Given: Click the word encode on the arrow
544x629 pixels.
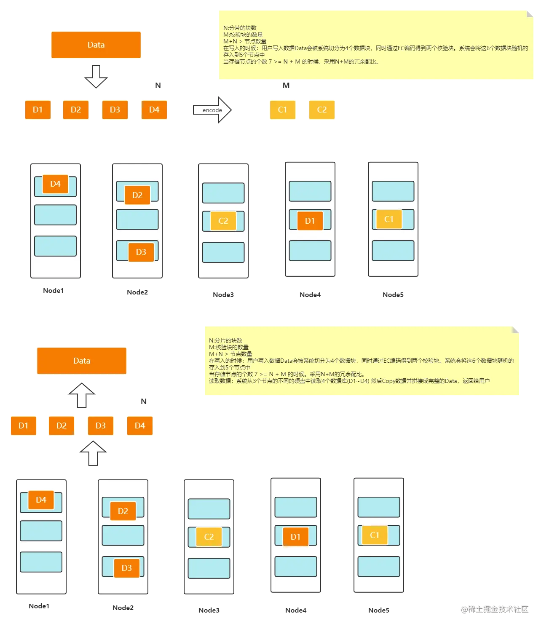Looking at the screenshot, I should [x=212, y=110].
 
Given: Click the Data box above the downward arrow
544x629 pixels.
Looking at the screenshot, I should [x=96, y=45].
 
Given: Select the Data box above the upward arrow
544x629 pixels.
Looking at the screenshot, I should [x=82, y=361].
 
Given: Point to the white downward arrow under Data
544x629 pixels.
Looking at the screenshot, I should [x=96, y=76].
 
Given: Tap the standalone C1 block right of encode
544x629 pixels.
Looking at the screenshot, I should [x=282, y=110].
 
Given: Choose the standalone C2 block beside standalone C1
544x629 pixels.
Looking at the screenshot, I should [x=322, y=110].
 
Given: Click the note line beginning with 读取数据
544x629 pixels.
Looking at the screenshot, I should [x=349, y=381].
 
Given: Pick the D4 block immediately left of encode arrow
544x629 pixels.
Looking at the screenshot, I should [x=154, y=110].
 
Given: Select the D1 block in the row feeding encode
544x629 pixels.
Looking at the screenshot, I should [x=38, y=110].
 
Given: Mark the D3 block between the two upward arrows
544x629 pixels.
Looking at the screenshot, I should [x=100, y=426].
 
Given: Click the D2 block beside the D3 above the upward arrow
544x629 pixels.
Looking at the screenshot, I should [x=62, y=426].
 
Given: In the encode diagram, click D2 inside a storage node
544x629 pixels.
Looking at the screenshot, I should [x=137, y=195].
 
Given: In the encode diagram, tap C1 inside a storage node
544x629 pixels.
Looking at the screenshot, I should [x=389, y=219].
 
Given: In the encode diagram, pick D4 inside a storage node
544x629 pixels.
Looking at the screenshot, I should [x=55, y=184].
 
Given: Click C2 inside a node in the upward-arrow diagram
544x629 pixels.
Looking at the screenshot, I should [x=209, y=537].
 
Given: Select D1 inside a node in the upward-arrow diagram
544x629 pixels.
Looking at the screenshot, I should [x=295, y=537].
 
